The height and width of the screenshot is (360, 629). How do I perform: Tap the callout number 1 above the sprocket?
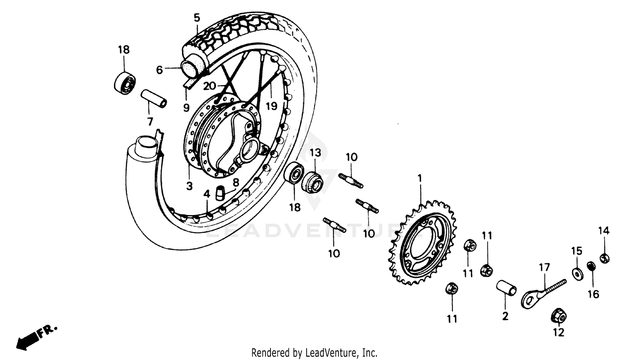pos(420,179)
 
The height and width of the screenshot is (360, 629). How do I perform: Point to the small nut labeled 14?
pos(604,258)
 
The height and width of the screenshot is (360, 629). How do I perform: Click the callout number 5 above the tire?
pos(197,18)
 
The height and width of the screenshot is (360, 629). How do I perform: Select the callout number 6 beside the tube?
pos(159,70)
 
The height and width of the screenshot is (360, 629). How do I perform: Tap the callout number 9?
pos(186,108)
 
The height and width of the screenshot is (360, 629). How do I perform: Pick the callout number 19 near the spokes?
pos(271,106)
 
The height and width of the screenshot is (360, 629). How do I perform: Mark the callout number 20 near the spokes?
pos(209,86)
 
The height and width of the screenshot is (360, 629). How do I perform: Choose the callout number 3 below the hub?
pos(189,186)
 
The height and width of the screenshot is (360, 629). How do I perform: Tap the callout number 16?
pos(593,294)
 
